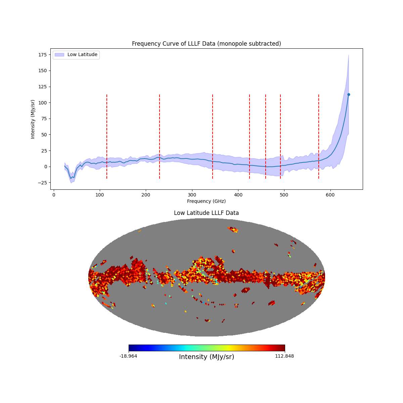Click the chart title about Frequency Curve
[206, 44]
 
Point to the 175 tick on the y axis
[46, 54]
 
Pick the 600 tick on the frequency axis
[330, 195]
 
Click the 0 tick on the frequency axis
[54, 195]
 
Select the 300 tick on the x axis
[192, 195]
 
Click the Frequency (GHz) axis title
[206, 201]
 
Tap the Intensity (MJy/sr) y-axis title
[33, 119]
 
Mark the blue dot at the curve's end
[349, 95]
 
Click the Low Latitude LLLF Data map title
[206, 213]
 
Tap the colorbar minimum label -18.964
[128, 356]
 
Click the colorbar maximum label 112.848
[284, 356]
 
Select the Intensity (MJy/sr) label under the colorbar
[207, 357]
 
